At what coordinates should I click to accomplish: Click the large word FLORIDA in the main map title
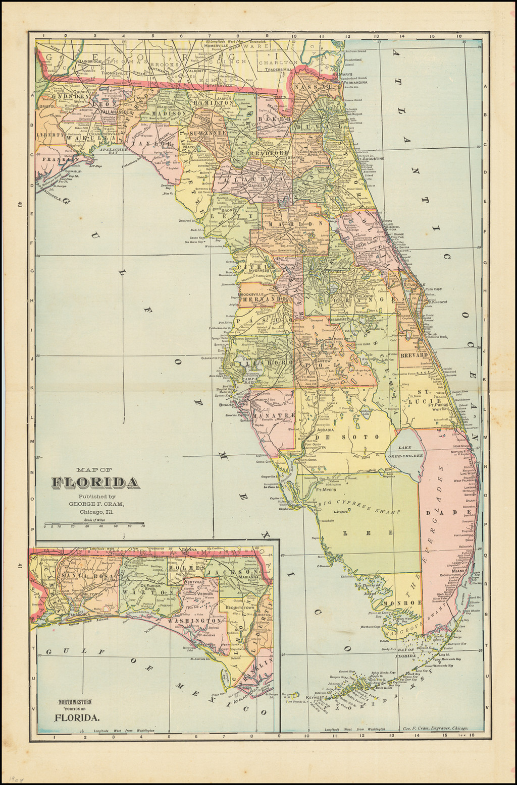pos(95,482)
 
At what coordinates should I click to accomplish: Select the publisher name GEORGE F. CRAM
pos(95,504)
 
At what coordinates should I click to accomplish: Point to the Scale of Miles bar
pos(94,523)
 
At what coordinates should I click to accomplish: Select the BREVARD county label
pos(414,355)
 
